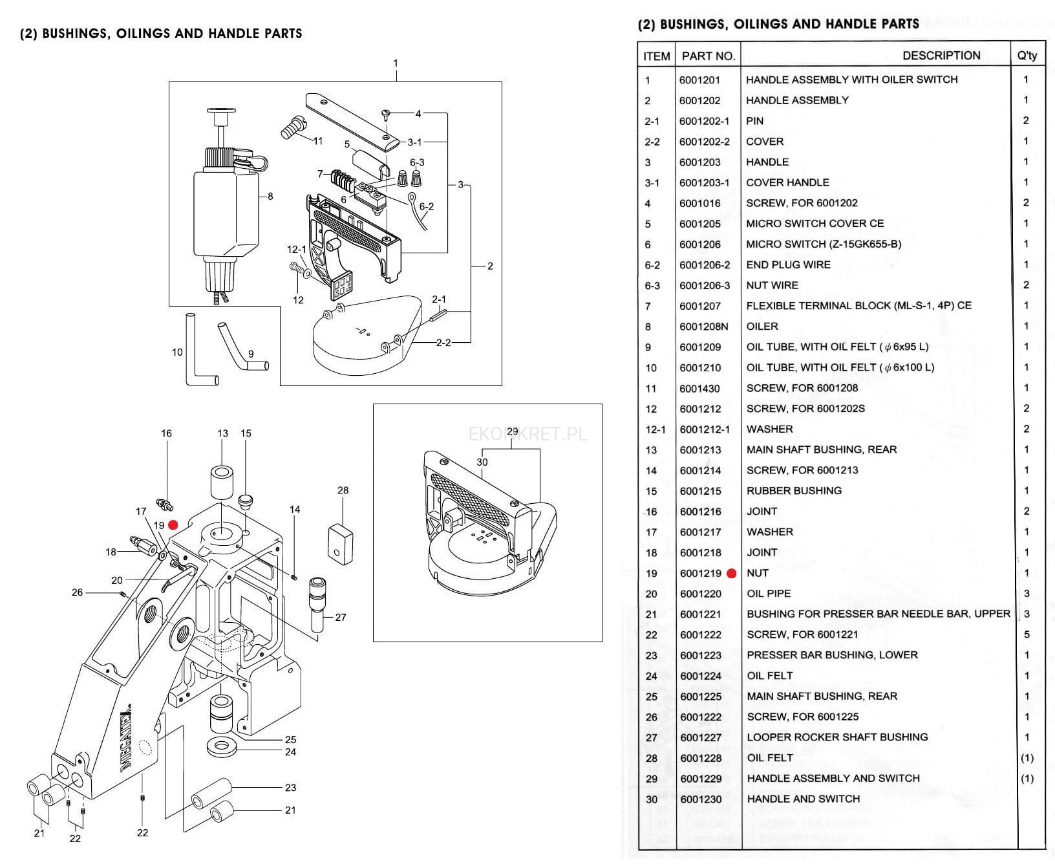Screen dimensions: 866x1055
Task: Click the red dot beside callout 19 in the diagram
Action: point(173,525)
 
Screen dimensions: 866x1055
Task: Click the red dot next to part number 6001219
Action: point(731,573)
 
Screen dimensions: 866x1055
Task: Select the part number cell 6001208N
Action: point(703,327)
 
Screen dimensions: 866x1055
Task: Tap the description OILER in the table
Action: point(762,327)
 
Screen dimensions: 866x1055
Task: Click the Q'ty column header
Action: point(1027,56)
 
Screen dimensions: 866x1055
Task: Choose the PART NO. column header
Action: point(708,56)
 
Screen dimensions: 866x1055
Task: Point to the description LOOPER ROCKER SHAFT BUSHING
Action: point(837,737)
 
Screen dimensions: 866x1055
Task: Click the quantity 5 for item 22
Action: point(1027,634)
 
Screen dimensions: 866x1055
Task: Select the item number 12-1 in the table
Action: point(655,429)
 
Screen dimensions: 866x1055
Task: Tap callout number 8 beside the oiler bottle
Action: point(270,196)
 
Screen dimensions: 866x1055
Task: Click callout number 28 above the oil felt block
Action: point(343,490)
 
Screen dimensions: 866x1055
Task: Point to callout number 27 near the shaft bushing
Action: point(341,617)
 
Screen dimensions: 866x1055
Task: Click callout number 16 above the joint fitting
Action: point(166,433)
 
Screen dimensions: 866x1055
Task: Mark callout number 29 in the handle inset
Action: point(512,431)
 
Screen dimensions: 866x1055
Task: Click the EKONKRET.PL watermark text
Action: point(528,433)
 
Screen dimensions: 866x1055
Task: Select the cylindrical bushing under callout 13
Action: point(222,481)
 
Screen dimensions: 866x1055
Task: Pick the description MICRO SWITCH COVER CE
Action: point(815,224)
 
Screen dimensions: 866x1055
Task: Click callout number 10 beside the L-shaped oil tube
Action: point(177,352)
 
